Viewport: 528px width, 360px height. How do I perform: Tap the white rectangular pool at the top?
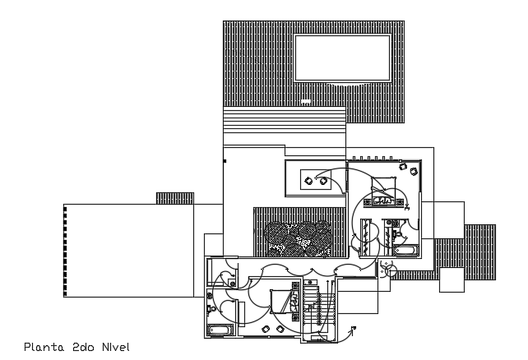pyautogui.click(x=342, y=58)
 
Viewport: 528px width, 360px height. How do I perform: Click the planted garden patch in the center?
pyautogui.click(x=299, y=239)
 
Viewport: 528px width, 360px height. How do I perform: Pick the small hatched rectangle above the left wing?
pyautogui.click(x=174, y=198)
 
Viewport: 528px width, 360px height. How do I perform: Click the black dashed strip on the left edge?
pyautogui.click(x=65, y=251)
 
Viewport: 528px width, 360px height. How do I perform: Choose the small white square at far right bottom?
pyautogui.click(x=452, y=280)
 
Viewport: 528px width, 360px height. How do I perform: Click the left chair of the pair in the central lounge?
pyautogui.click(x=307, y=178)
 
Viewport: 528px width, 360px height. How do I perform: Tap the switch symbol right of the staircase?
pyautogui.click(x=352, y=331)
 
